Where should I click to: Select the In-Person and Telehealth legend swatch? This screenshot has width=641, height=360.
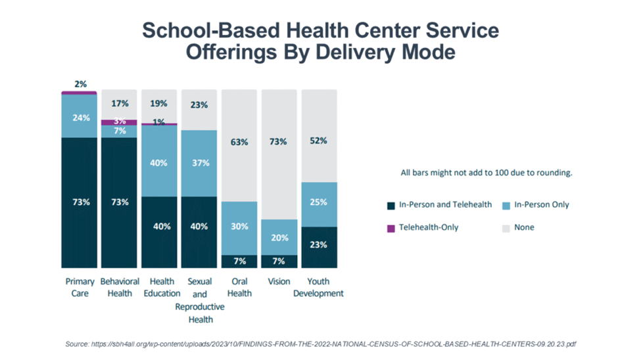click(x=391, y=205)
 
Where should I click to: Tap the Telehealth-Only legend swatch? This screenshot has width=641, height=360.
click(x=391, y=227)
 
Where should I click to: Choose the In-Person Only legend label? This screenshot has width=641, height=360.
click(x=542, y=205)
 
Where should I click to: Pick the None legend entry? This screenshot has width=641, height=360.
click(x=523, y=227)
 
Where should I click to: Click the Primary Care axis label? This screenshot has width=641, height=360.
click(x=80, y=287)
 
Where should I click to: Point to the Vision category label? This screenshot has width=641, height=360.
click(x=279, y=282)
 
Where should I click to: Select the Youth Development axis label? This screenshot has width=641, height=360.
click(x=319, y=287)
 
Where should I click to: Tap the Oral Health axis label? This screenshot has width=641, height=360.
click(x=239, y=287)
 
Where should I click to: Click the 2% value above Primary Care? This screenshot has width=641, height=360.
click(x=80, y=84)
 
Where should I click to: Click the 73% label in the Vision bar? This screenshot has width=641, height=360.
click(x=279, y=142)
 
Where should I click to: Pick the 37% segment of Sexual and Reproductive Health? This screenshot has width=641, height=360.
click(x=199, y=163)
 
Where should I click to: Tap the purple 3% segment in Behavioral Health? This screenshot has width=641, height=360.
click(x=119, y=122)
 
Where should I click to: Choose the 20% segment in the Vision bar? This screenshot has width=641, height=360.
click(x=279, y=237)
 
